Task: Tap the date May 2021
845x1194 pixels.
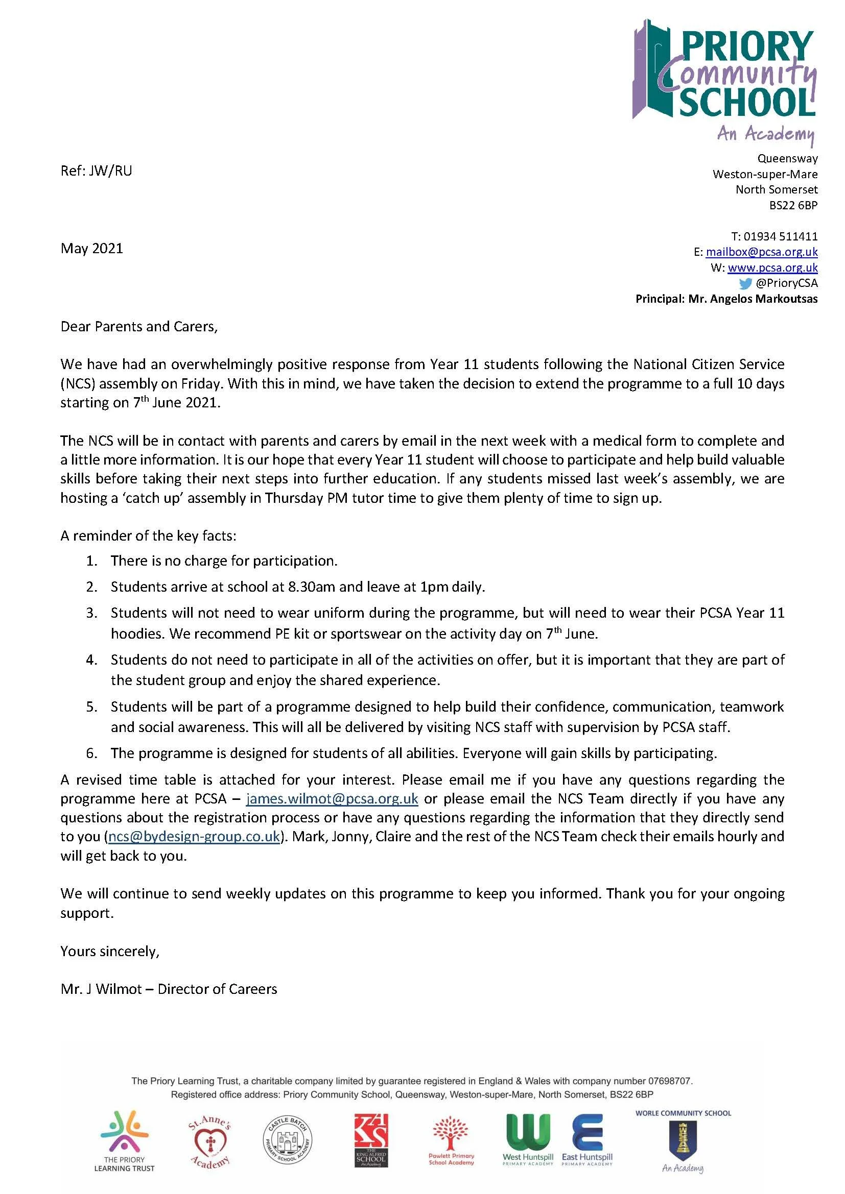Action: (x=92, y=248)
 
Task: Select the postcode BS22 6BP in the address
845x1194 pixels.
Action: (x=793, y=205)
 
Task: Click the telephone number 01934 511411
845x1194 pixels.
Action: (x=780, y=236)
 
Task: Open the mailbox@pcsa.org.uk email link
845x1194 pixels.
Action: (x=761, y=252)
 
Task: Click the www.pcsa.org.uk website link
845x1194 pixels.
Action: (x=772, y=267)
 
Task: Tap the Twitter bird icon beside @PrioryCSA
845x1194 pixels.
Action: (x=745, y=283)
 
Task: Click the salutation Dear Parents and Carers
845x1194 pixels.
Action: (x=139, y=327)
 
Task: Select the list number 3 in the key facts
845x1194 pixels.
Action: (x=91, y=613)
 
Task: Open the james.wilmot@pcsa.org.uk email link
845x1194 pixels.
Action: (x=332, y=798)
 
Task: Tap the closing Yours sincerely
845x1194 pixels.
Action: (x=110, y=951)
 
